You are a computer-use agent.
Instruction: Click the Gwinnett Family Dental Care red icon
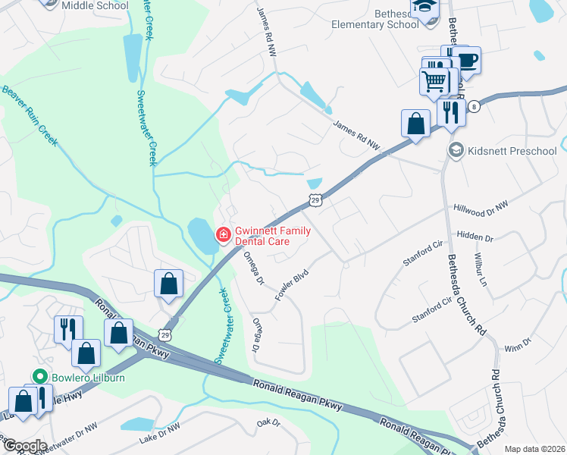224,235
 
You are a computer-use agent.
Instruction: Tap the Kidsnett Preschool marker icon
456,150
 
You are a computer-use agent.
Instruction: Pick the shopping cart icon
434,81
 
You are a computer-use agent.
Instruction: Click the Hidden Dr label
476,237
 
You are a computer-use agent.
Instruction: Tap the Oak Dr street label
268,422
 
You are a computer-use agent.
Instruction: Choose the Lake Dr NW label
160,434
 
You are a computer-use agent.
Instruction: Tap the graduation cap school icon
421,7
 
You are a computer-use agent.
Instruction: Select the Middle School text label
95,5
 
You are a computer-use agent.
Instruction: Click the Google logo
24,446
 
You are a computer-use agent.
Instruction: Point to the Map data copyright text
534,449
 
